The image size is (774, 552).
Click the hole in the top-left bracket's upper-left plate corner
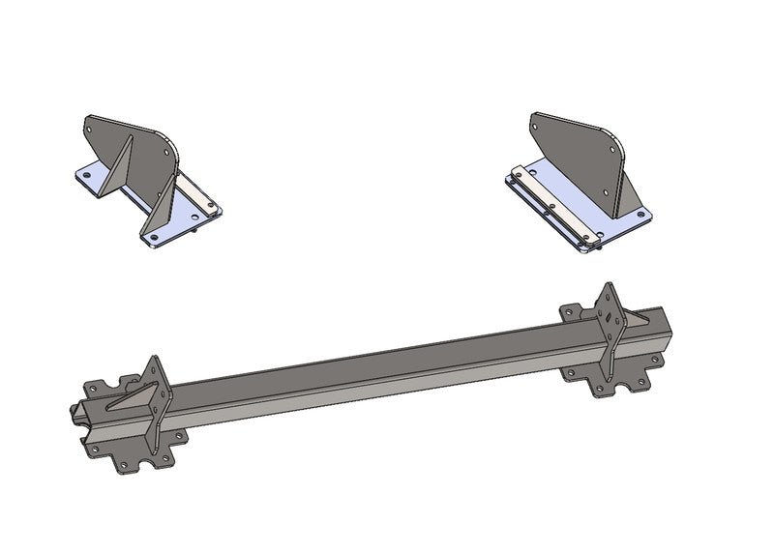click(x=91, y=122)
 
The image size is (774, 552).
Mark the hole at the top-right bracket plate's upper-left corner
click(x=537, y=121)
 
